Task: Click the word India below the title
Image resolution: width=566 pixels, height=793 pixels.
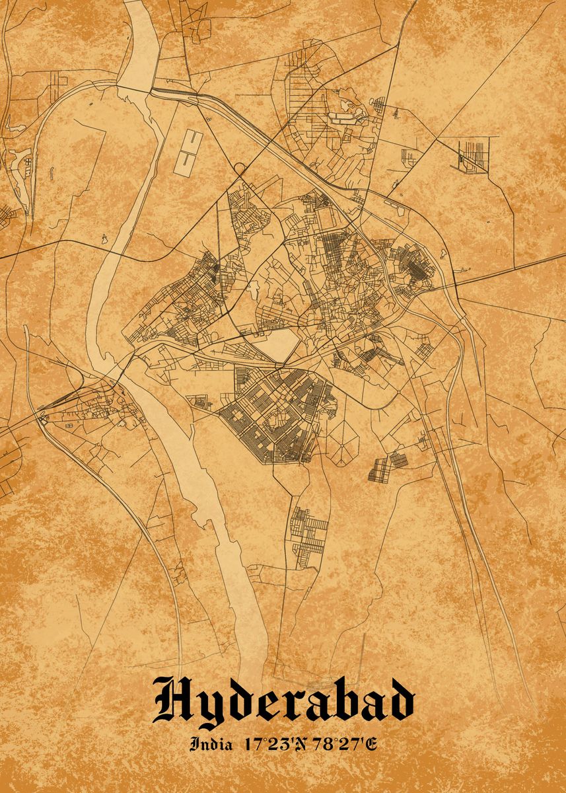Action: pos(211,744)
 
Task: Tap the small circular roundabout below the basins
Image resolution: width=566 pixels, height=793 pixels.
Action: pos(238,170)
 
